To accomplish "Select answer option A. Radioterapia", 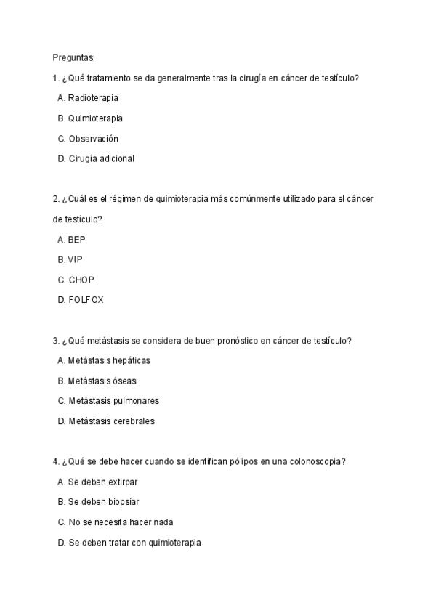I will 88,97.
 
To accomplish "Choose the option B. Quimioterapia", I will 90,118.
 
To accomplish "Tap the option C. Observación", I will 88,138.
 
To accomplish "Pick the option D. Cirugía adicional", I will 96,158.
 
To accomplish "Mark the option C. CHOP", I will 76,279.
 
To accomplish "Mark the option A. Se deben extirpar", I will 97,482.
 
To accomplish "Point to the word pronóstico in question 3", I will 235,340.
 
